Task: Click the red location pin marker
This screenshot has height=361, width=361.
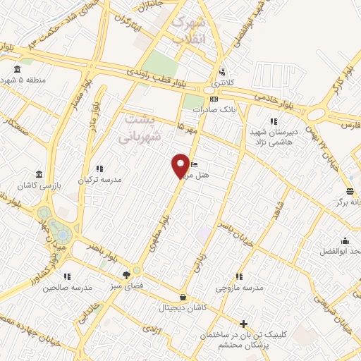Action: [x=181, y=166]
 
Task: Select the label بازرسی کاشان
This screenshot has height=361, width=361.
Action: [x=39, y=185]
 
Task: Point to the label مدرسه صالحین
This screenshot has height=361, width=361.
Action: [x=68, y=287]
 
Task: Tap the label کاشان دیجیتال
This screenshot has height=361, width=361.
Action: [x=183, y=308]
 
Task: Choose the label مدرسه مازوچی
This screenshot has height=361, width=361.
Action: [x=239, y=288]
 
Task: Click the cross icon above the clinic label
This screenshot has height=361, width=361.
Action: [x=244, y=325]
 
